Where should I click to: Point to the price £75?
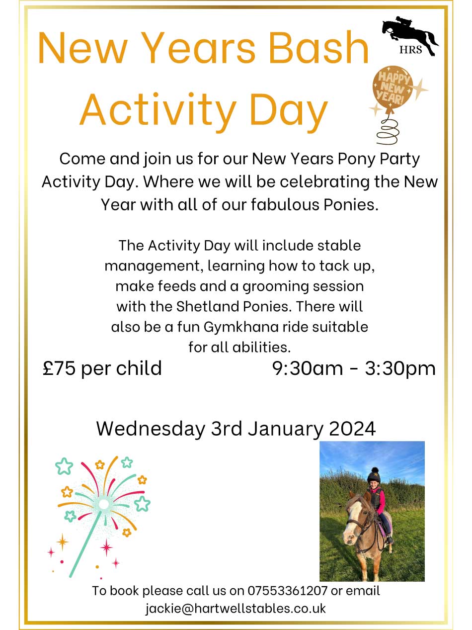tap(59, 368)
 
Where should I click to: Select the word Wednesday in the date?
tap(151, 428)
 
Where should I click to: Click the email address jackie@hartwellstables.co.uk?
tap(236, 608)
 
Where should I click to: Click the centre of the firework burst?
tap(104, 504)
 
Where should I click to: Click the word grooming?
tap(264, 286)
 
